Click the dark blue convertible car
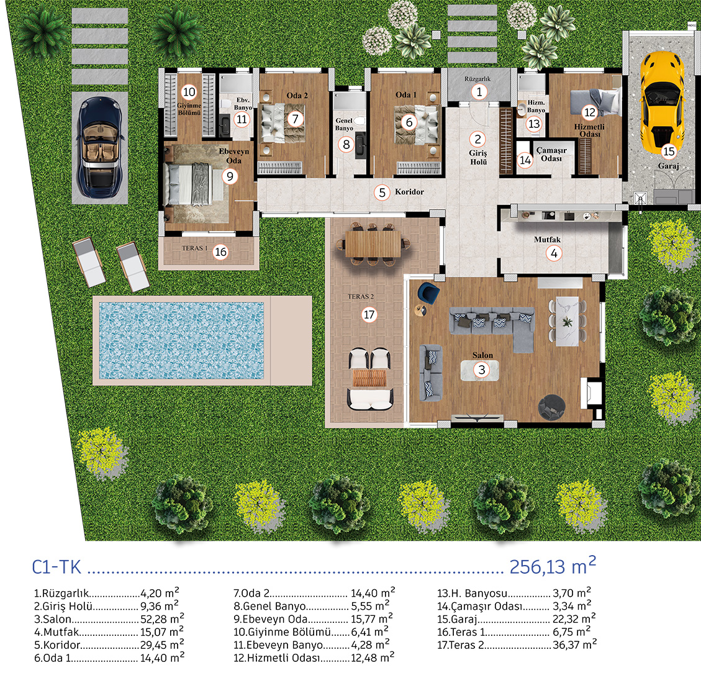100,148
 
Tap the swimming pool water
181,341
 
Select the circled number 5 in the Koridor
382,192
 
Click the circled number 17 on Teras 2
369,315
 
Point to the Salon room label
483,355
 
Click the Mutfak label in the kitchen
547,240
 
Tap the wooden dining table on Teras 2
373,244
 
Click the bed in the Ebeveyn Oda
193,184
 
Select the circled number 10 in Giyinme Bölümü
189,92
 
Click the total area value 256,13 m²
553,566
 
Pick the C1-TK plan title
57,568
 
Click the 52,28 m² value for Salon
162,619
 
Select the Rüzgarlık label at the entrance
477,79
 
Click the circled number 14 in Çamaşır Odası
525,160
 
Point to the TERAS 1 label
195,248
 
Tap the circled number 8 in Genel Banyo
346,145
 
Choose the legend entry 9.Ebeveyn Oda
271,619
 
